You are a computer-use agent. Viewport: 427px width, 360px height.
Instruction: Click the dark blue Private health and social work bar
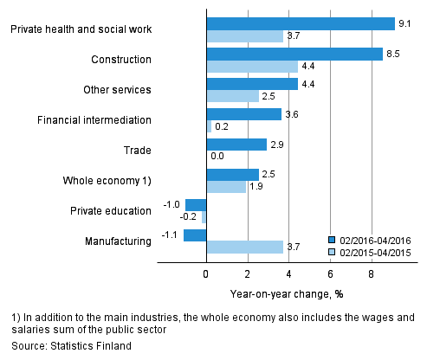pos(301,23)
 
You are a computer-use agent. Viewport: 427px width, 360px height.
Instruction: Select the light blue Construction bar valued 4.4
pos(251,67)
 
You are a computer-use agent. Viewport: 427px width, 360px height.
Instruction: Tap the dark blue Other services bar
pos(251,84)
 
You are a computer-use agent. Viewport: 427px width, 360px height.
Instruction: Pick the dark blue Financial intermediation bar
pos(243,114)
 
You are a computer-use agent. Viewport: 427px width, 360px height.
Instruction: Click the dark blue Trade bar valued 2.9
pos(236,145)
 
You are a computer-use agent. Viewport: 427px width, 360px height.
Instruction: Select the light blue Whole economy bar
pos(225,187)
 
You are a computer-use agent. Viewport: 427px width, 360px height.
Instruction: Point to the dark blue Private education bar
pos(196,205)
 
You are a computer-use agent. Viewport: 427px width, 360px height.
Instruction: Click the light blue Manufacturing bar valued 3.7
pos(244,247)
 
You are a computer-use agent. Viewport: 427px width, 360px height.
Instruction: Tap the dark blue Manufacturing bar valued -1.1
pos(195,235)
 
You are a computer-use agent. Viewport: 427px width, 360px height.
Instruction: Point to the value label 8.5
pos(393,54)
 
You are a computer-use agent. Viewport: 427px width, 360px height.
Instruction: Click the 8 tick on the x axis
pos(372,275)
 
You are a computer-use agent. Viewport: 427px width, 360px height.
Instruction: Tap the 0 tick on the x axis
pos(206,275)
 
